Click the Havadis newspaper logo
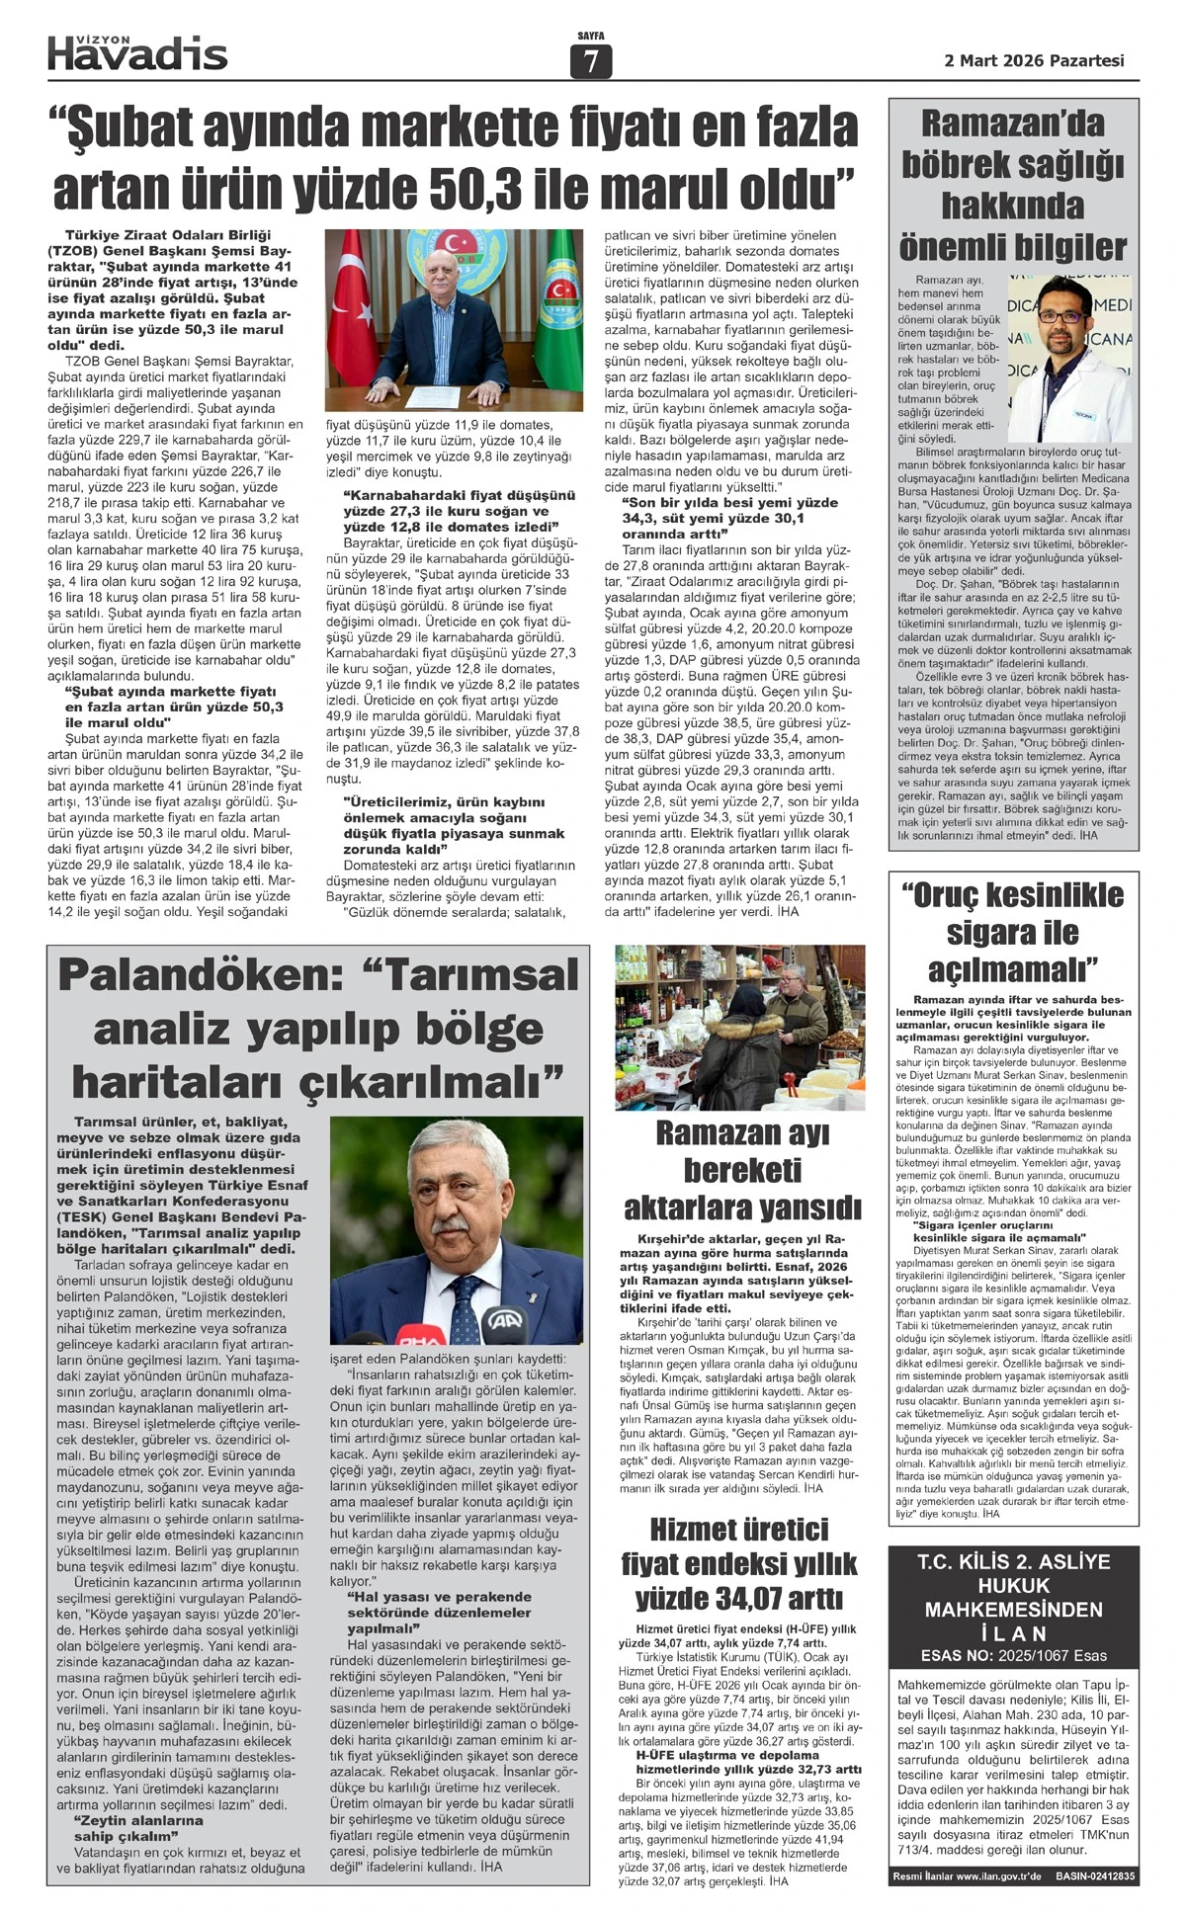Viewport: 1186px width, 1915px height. (x=137, y=52)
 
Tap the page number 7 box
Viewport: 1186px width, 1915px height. (x=591, y=62)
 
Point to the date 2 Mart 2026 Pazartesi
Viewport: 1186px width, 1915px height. (x=1034, y=60)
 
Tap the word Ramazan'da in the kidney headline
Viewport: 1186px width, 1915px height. (x=1013, y=125)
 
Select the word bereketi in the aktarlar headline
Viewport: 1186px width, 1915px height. (x=741, y=1170)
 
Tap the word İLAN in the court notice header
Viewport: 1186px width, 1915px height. (x=1013, y=1633)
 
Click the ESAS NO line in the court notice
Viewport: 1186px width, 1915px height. (x=1013, y=1655)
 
